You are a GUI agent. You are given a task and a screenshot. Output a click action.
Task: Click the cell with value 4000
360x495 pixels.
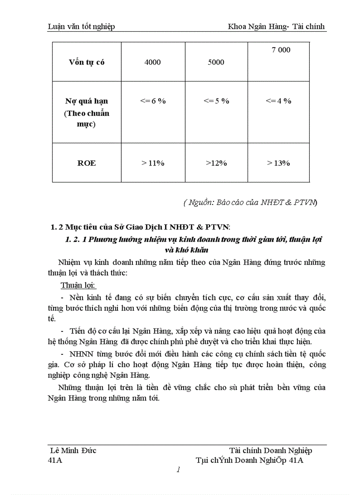coord(152,62)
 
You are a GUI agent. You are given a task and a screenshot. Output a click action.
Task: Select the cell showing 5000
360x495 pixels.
coord(216,62)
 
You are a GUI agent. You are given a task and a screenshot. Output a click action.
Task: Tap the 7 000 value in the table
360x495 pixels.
coord(281,50)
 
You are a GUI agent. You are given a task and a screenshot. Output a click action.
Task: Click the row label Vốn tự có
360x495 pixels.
coord(86,62)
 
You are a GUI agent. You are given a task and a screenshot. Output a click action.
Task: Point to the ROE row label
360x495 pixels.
coord(86,163)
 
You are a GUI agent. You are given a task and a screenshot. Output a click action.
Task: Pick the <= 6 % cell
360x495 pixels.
coord(153,101)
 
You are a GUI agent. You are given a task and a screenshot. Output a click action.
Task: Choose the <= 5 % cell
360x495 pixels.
coord(216,101)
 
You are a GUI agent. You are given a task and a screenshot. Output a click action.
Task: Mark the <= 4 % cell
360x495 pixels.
coord(278,101)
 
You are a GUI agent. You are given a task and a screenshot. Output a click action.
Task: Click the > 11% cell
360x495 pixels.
coord(153,163)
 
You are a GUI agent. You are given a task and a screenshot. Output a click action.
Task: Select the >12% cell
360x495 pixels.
coord(216,163)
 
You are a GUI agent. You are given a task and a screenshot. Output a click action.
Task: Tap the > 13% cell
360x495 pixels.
coord(278,163)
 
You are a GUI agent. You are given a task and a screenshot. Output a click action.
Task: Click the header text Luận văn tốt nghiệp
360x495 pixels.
coord(81,26)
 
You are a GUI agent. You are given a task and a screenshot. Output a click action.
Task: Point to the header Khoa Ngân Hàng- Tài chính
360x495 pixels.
coord(276,26)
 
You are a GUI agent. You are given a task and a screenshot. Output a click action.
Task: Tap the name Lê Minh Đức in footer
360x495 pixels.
coord(74,450)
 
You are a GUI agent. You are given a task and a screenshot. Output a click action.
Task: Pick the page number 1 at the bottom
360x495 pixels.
coord(178,470)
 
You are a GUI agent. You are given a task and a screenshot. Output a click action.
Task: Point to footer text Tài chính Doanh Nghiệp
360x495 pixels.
coord(270,450)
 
